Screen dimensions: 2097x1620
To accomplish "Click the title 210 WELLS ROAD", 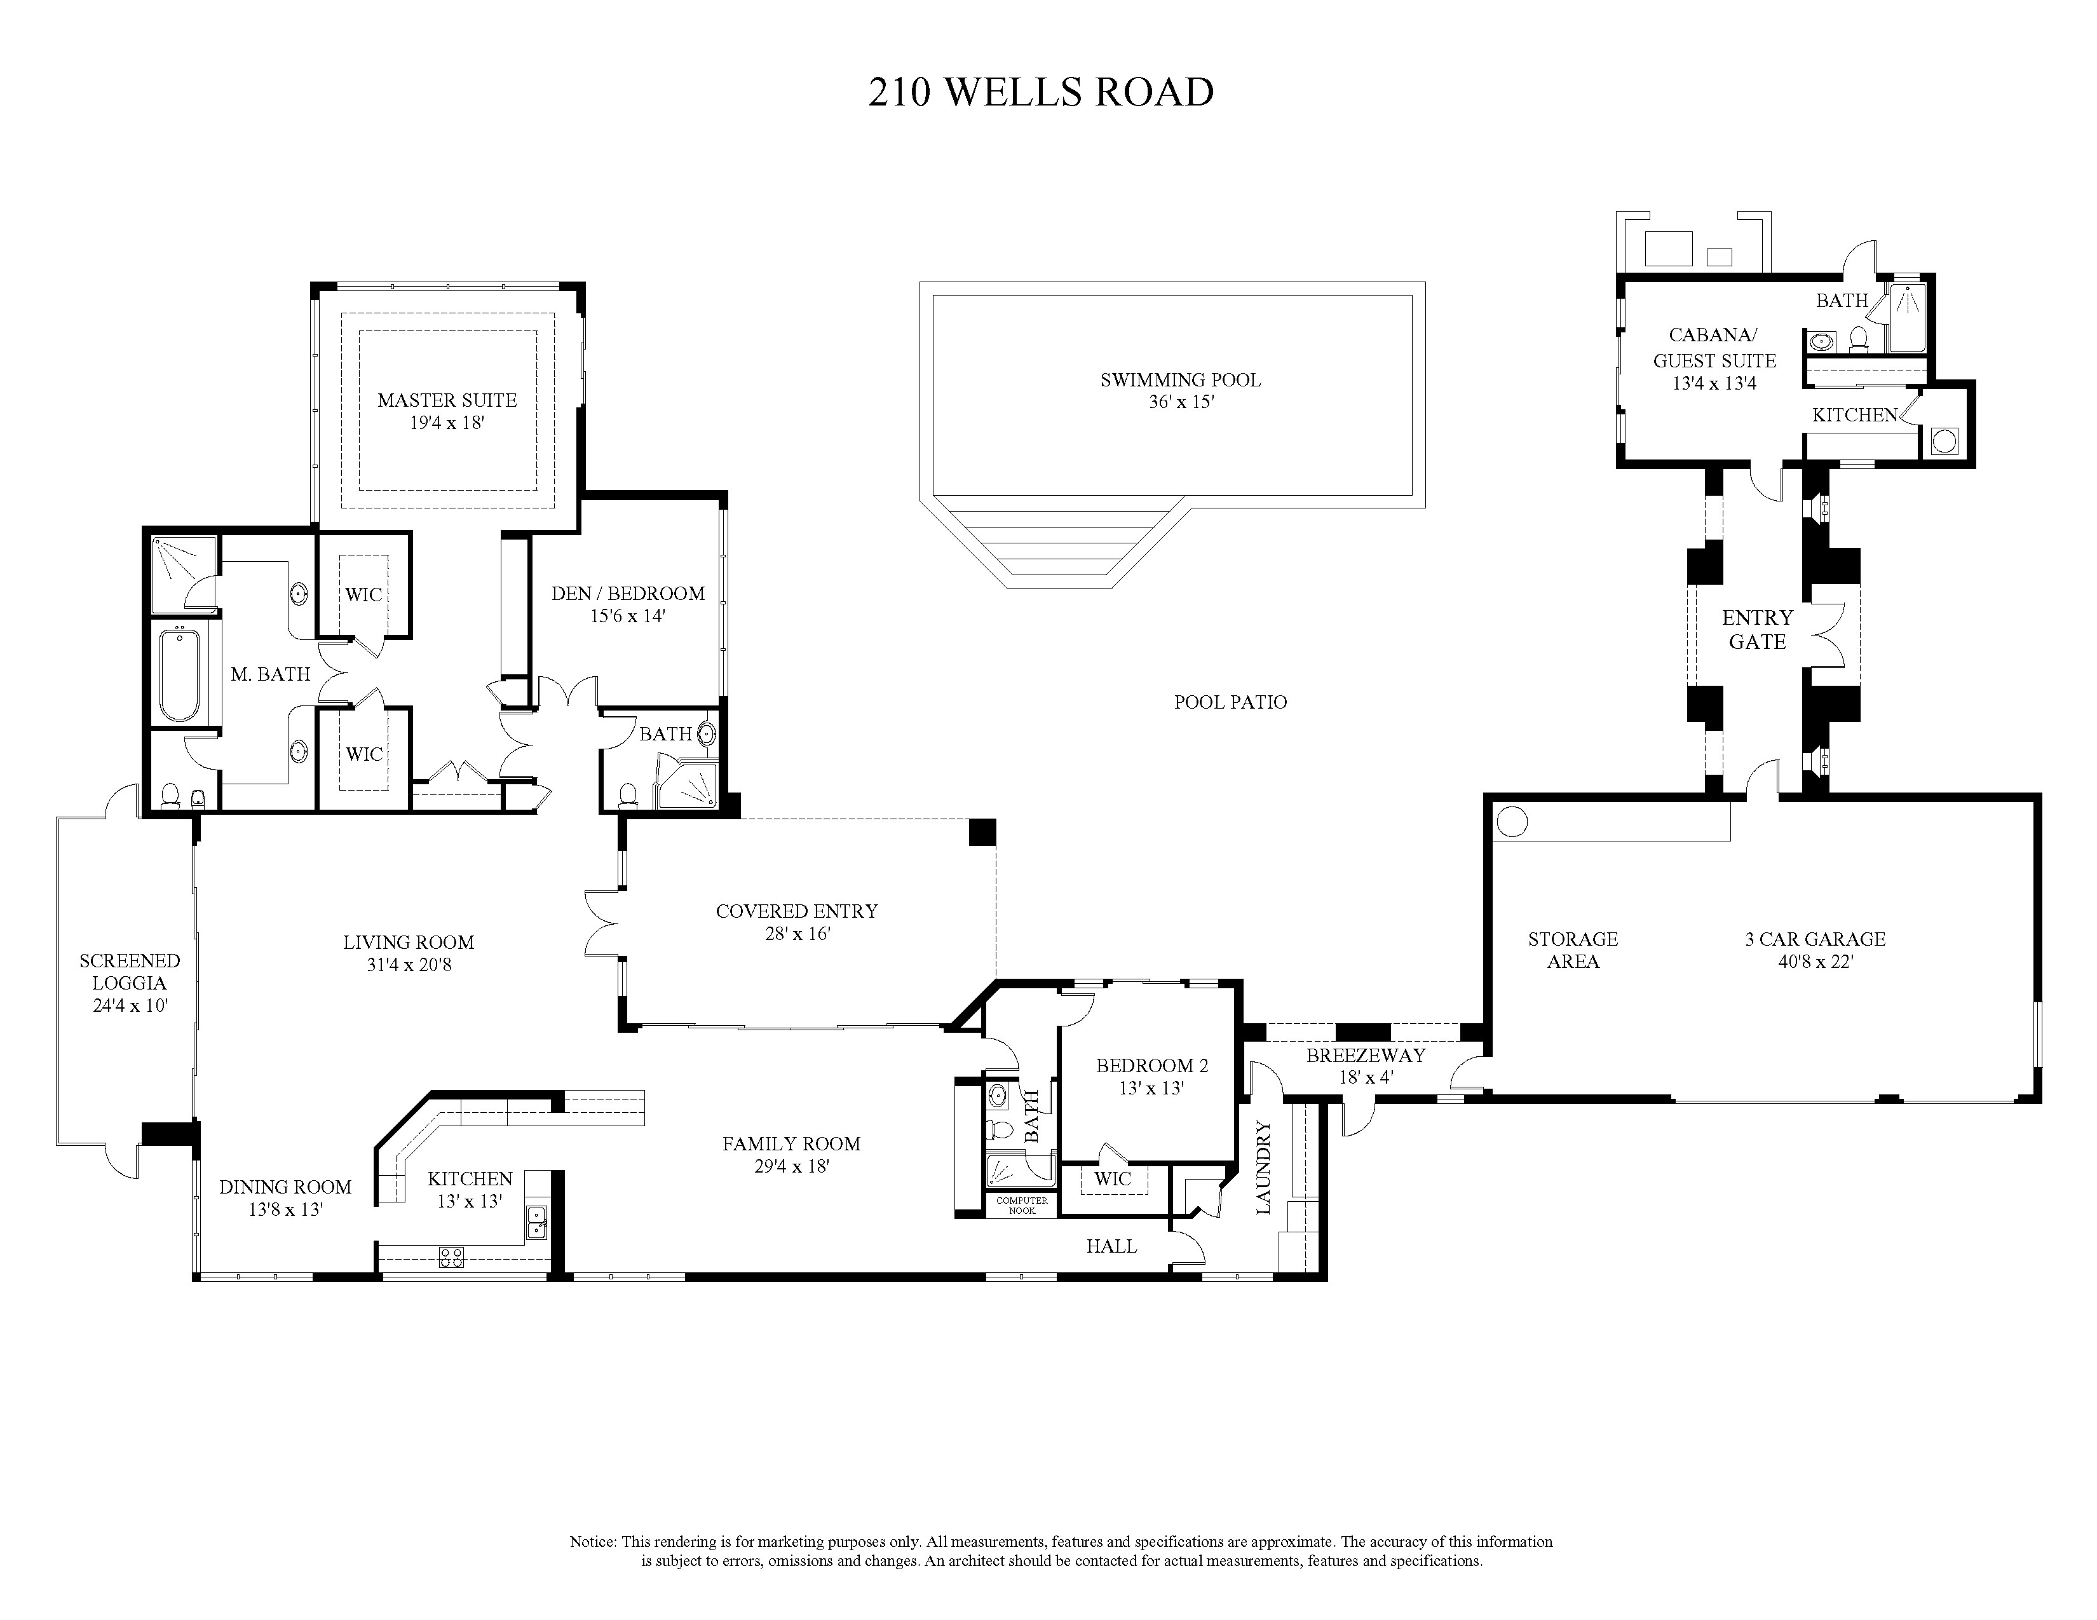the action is point(1042,92).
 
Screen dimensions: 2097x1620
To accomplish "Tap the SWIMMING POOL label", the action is point(1180,379).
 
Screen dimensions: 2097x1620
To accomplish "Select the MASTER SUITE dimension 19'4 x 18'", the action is point(447,423).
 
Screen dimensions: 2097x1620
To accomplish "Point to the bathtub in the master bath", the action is point(180,674).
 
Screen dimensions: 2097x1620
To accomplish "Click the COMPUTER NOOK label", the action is point(1022,1205).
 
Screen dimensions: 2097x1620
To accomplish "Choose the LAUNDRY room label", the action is point(1263,1167).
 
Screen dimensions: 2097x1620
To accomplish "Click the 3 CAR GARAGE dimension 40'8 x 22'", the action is point(1815,961).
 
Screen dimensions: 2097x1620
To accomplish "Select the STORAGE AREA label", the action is point(1573,950).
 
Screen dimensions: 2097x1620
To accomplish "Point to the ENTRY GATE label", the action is point(1757,629).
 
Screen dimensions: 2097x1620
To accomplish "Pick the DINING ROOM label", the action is point(285,1187).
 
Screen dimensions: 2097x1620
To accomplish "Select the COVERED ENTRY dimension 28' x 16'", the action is point(797,934).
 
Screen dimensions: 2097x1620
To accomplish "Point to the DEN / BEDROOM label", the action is point(628,594).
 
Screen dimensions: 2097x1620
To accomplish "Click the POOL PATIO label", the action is point(1230,702).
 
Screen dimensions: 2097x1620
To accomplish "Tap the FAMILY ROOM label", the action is point(791,1144).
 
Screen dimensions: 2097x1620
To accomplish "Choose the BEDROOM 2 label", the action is point(1152,1065).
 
